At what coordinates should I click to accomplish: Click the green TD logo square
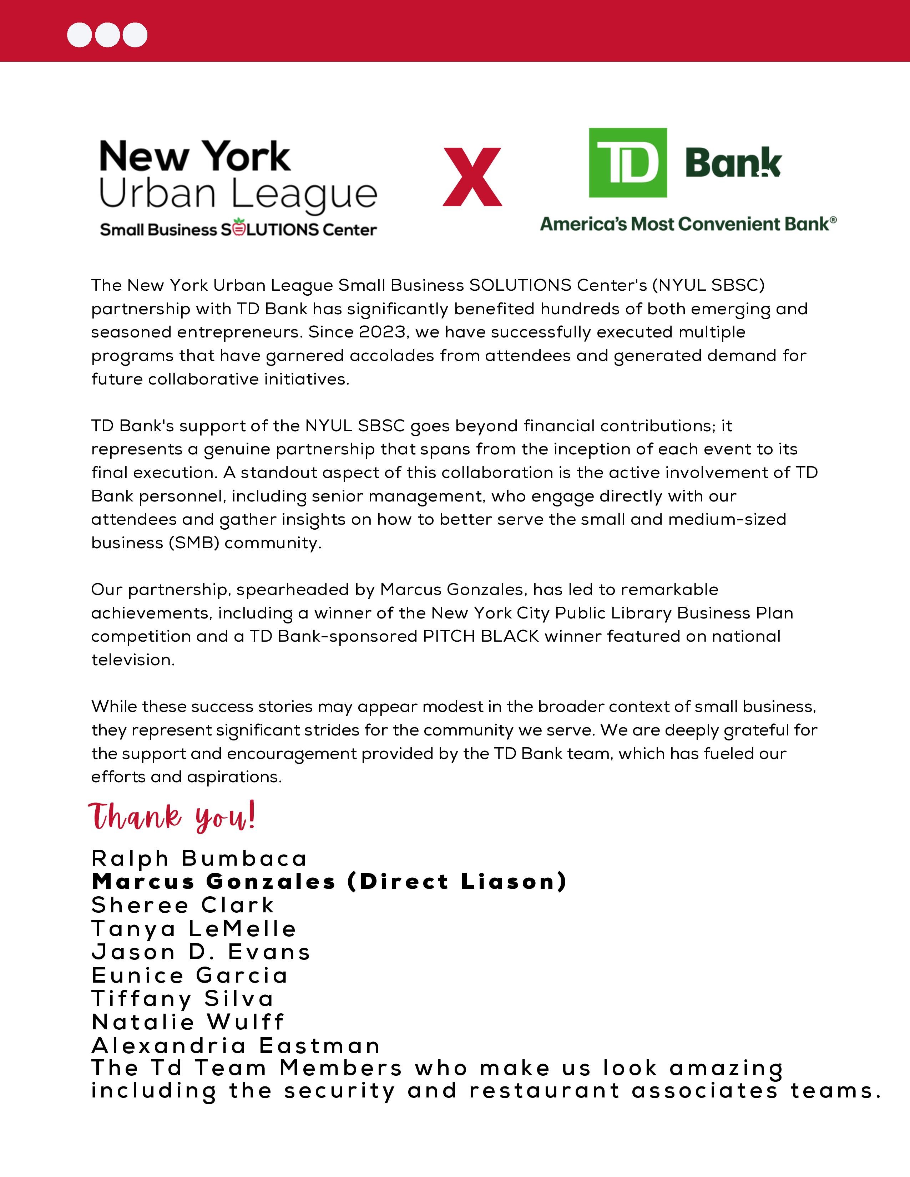pyautogui.click(x=627, y=162)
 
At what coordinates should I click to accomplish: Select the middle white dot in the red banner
pyautogui.click(x=107, y=35)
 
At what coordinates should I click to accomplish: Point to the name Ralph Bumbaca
pyautogui.click(x=199, y=858)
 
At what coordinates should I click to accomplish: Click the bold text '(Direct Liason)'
pyautogui.click(x=457, y=882)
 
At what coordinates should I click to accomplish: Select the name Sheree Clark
pyautogui.click(x=183, y=905)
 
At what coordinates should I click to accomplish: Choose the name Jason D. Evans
pyautogui.click(x=201, y=952)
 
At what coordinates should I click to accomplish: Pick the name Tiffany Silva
pyautogui.click(x=183, y=999)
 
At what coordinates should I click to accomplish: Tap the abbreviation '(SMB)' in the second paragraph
pyautogui.click(x=193, y=543)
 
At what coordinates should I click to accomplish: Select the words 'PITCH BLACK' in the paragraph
pyautogui.click(x=481, y=636)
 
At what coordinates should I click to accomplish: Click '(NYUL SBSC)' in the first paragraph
pyautogui.click(x=708, y=285)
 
